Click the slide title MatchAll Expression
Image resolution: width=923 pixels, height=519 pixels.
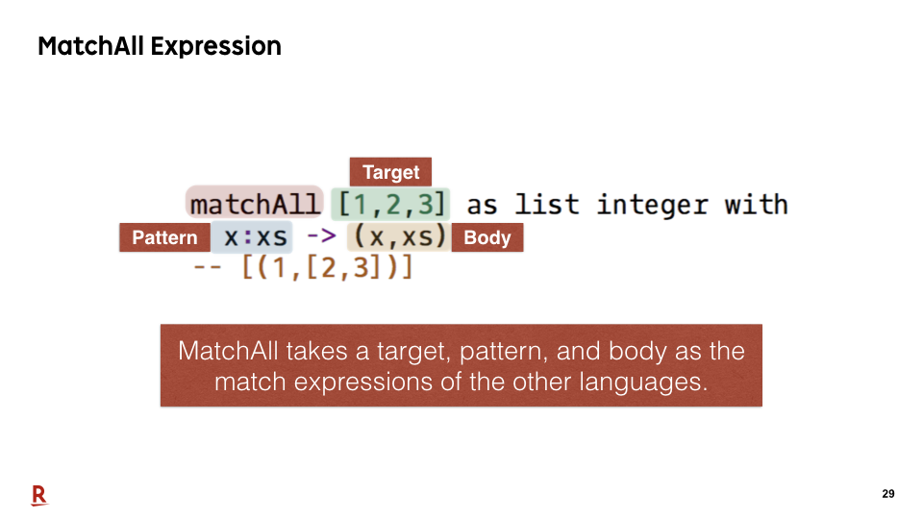coord(160,46)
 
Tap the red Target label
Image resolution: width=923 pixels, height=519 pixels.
coord(391,172)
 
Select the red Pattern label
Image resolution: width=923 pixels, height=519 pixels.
coord(164,237)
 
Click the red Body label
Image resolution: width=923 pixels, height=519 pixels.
coord(487,237)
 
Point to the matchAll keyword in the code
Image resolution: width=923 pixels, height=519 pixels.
coord(255,204)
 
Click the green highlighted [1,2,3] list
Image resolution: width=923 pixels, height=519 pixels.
coord(391,204)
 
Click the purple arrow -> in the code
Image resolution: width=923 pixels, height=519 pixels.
coord(321,236)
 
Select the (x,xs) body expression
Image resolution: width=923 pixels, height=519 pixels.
coord(399,236)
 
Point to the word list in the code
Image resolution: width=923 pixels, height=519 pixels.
coord(547,204)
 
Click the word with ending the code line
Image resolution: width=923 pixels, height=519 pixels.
coord(757,204)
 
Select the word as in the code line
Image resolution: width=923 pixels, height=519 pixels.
coord(482,206)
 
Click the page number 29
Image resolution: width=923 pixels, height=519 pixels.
coord(888,494)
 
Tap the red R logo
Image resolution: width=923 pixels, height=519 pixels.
coord(39,496)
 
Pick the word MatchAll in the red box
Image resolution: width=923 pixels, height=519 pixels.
coord(229,351)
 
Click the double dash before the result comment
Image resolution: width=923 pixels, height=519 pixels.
coord(208,268)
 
